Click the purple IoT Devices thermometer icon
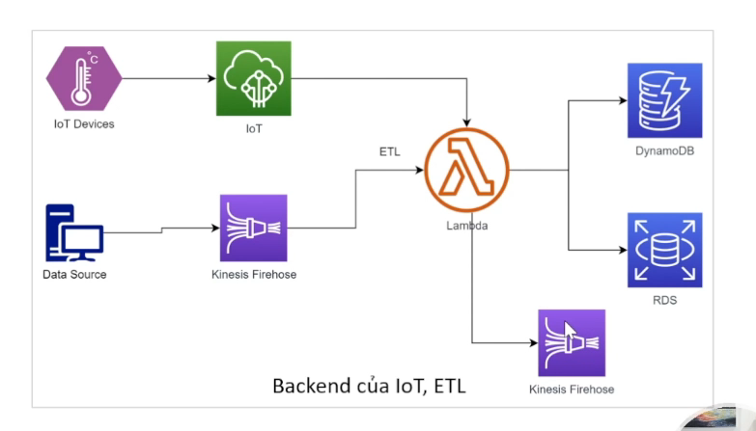pyautogui.click(x=84, y=78)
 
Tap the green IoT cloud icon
pyautogui.click(x=254, y=78)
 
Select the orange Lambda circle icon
pyautogui.click(x=466, y=172)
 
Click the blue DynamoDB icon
pyautogui.click(x=664, y=100)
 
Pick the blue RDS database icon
pyautogui.click(x=664, y=250)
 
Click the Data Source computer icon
pyautogui.click(x=73, y=232)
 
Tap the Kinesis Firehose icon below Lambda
pyautogui.click(x=572, y=342)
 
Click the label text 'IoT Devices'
pyautogui.click(x=84, y=124)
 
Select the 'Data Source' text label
pyautogui.click(x=74, y=275)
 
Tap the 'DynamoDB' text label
pyautogui.click(x=664, y=150)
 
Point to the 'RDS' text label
pyautogui.click(x=664, y=300)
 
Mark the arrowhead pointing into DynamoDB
pyautogui.click(x=623, y=98)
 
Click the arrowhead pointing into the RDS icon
pyautogui.click(x=623, y=249)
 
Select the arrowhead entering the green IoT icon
pyautogui.click(x=211, y=78)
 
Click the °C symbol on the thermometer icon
pyautogui.click(x=93, y=59)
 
